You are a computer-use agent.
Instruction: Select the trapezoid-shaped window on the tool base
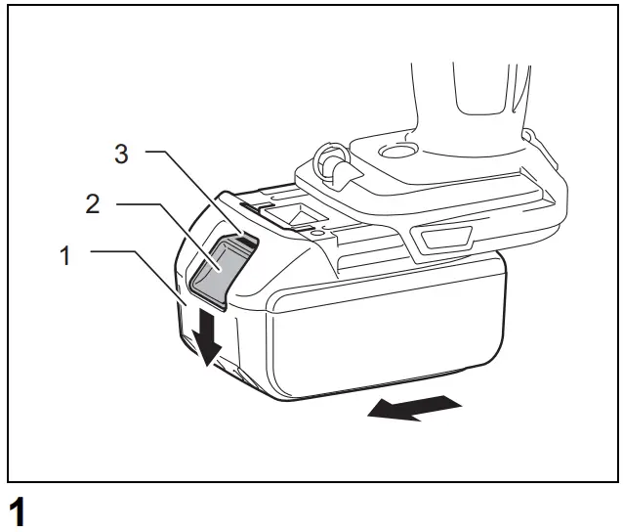(441, 238)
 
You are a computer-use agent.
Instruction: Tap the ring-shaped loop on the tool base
(330, 160)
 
